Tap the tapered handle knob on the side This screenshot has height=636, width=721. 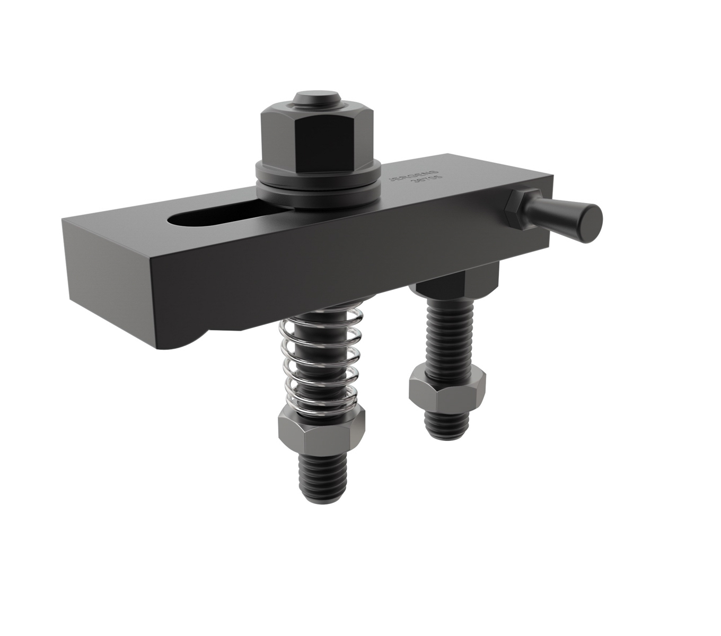(562, 217)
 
